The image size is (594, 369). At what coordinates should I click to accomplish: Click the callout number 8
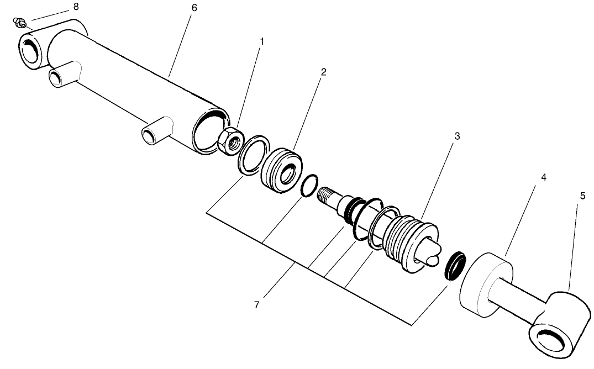[76, 7]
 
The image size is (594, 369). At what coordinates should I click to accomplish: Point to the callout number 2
[324, 72]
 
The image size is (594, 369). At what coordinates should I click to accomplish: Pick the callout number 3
[457, 135]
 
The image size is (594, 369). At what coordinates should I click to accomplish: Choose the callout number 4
[543, 178]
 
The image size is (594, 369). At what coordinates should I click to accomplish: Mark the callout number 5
[582, 196]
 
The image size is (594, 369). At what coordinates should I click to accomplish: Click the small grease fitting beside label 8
[19, 23]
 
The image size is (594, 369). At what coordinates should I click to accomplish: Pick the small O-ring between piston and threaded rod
[310, 186]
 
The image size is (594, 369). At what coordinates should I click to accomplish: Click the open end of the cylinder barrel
[210, 131]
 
